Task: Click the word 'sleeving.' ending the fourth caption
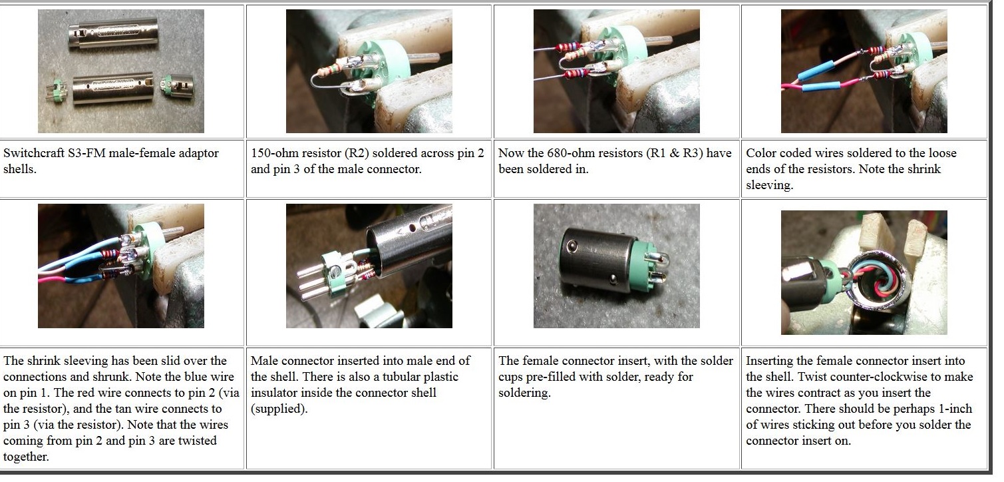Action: [x=770, y=185]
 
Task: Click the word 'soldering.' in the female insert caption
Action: [x=524, y=393]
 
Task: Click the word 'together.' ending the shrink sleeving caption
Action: [x=26, y=457]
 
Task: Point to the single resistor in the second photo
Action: [x=335, y=69]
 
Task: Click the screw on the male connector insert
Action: [x=334, y=271]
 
